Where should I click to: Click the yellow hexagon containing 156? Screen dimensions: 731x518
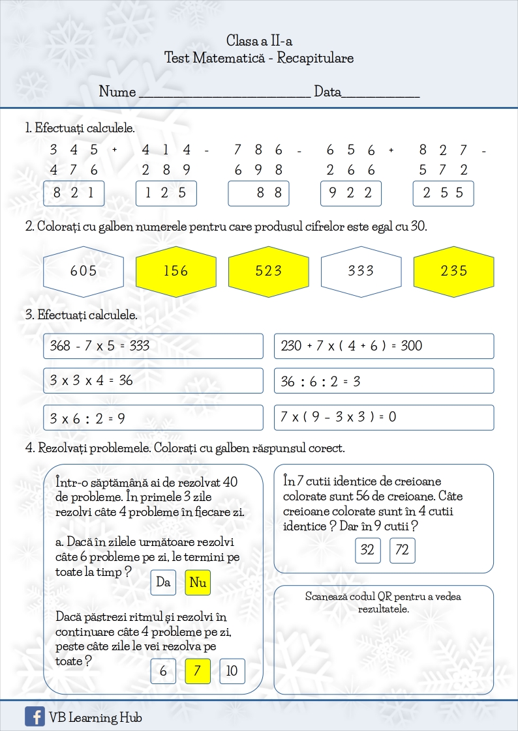pos(175,270)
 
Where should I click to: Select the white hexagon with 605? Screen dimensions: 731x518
pos(83,270)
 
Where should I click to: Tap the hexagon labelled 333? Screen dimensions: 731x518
pos(361,270)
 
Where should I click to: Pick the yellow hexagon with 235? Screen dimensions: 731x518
pos(454,270)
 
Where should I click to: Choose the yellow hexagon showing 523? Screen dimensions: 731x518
pos(268,270)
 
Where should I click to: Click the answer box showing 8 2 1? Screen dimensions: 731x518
pos(74,193)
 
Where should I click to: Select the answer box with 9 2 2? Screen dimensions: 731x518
pos(351,193)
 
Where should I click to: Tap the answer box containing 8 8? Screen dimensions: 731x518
pos(258,193)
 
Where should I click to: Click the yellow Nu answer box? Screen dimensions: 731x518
pos(198,582)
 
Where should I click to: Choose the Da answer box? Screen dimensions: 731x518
pos(163,582)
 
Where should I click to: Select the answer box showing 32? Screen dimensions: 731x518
pos(367,551)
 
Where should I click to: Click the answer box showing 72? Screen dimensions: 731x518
pos(402,551)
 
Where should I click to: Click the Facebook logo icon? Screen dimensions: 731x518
pos(35,717)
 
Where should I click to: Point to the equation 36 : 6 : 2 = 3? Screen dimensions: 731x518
pos(320,381)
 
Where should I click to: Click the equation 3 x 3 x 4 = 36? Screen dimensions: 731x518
pos(91,380)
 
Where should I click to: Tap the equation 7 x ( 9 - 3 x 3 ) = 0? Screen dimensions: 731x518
pos(338,417)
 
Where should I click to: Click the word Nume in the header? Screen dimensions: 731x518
pos(117,92)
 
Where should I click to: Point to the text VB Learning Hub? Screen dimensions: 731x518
pos(95,718)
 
